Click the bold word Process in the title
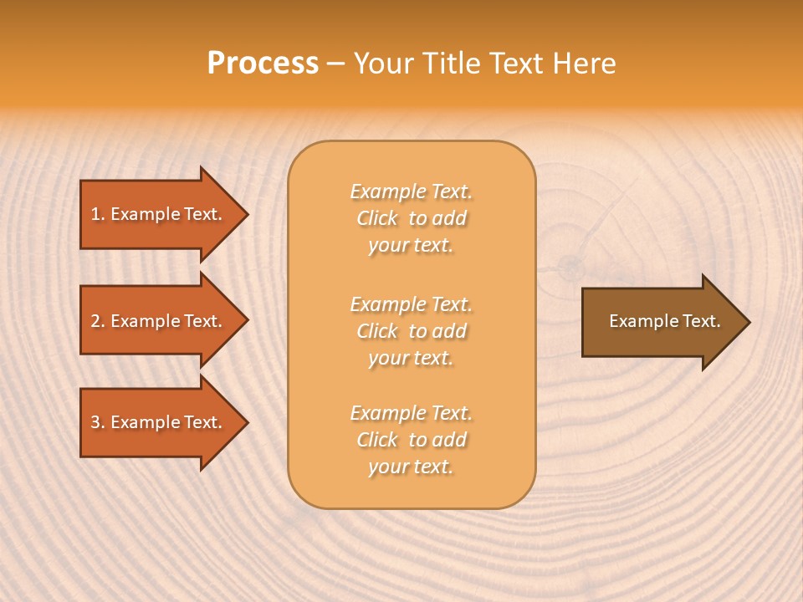[x=263, y=64]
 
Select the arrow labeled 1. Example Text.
[x=159, y=214]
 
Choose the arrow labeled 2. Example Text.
[x=159, y=321]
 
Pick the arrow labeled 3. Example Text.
[x=159, y=422]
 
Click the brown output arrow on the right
[x=661, y=321]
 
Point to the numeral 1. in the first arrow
[x=98, y=214]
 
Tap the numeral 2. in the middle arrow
[x=98, y=321]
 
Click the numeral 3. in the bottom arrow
[x=98, y=422]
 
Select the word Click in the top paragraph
[x=377, y=218]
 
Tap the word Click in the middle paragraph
[x=377, y=331]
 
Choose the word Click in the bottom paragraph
[x=377, y=440]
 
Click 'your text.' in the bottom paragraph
[x=411, y=467]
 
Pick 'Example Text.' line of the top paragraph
[x=411, y=191]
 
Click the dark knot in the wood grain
[x=571, y=267]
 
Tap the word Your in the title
[x=381, y=64]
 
